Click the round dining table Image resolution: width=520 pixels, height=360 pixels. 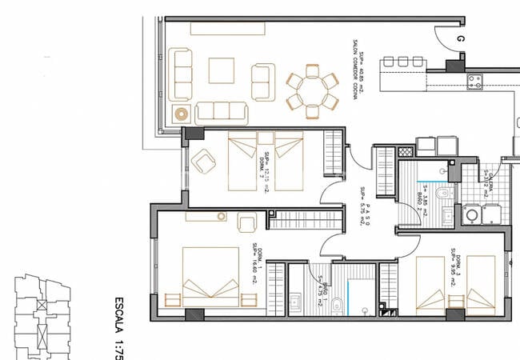click(x=312, y=89)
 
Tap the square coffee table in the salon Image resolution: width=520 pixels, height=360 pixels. click(x=222, y=70)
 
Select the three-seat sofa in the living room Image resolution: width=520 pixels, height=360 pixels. click(x=222, y=111)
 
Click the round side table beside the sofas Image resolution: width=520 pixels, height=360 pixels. click(x=180, y=114)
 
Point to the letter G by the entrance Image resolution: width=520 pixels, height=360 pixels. click(x=461, y=38)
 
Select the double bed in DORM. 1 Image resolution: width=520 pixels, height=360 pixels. click(x=210, y=276)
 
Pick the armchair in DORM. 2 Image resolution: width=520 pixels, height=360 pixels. click(x=205, y=164)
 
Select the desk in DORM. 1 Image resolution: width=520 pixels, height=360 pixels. click(x=207, y=216)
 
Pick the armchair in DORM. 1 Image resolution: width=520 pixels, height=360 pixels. click(x=246, y=223)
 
